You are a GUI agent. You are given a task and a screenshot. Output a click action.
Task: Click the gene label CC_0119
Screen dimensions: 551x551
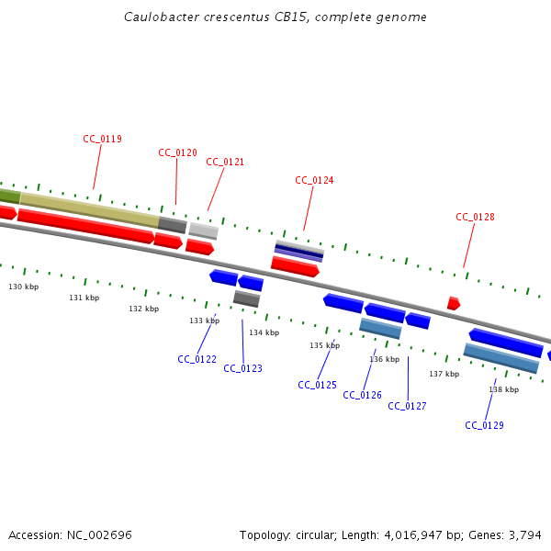pyautogui.click(x=102, y=140)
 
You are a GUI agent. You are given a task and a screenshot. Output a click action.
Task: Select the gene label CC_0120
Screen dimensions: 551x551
pyautogui.click(x=177, y=153)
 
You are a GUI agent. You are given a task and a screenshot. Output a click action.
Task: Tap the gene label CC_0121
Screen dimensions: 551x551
pyautogui.click(x=225, y=163)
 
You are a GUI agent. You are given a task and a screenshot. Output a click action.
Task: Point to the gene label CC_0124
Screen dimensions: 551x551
pyautogui.click(x=314, y=181)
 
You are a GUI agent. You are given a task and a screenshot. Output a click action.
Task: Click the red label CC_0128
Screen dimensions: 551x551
pyautogui.click(x=475, y=218)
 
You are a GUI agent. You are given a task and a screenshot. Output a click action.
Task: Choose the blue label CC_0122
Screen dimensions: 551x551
pyautogui.click(x=197, y=360)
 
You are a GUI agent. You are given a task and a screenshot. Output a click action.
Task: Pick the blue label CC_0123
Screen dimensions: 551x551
pyautogui.click(x=242, y=369)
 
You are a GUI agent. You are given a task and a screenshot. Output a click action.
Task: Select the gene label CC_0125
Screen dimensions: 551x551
pyautogui.click(x=317, y=386)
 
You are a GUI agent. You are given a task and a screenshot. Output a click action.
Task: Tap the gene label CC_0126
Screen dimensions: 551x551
pyautogui.click(x=362, y=396)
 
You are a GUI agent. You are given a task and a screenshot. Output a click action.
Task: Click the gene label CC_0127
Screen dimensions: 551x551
pyautogui.click(x=407, y=406)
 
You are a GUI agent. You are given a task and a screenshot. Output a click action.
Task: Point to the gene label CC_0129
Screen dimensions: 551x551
pyautogui.click(x=484, y=426)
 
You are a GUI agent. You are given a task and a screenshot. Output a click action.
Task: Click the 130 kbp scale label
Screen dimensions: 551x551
pyautogui.click(x=24, y=287)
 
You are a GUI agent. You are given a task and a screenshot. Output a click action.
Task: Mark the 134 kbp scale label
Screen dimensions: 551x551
pyautogui.click(x=264, y=332)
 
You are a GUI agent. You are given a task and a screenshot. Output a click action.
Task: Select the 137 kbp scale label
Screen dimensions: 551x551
pyautogui.click(x=444, y=375)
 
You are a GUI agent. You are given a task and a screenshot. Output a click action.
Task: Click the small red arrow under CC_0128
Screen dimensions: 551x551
pyautogui.click(x=453, y=303)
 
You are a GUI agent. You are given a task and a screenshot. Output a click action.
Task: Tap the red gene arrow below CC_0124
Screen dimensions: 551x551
pyautogui.click(x=295, y=266)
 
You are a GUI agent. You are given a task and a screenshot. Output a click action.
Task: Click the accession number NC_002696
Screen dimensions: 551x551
pyautogui.click(x=98, y=534)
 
